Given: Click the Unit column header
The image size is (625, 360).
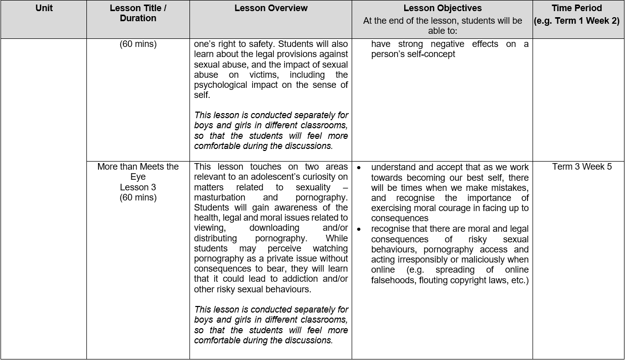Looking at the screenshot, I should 44,8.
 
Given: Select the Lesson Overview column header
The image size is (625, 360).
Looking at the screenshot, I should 271,8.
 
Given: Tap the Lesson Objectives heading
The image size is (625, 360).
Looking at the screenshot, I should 442,8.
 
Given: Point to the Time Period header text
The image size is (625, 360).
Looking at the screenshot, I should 576,8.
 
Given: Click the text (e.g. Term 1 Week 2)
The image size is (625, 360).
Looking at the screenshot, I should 576,21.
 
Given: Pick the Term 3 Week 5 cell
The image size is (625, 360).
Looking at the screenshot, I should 582,167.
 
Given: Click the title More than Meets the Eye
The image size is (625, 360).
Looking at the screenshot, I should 138,172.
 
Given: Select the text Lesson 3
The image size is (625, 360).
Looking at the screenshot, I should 138,187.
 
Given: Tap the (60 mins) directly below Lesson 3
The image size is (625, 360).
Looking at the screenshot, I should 138,197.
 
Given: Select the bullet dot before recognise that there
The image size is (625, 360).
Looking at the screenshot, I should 359,229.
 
